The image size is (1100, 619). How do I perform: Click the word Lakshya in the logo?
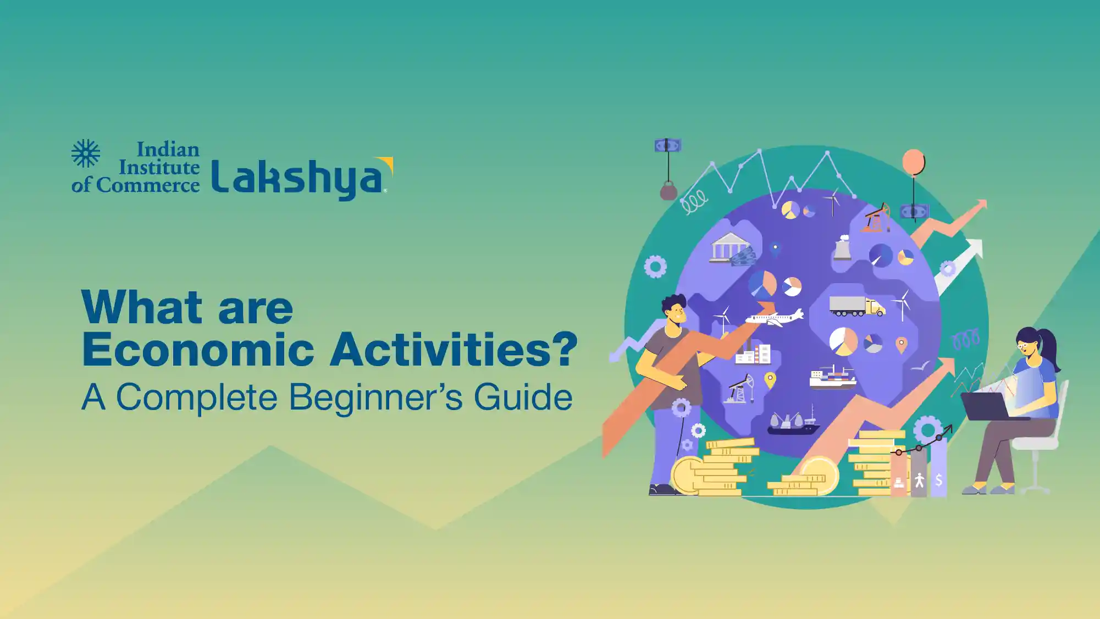tap(302, 178)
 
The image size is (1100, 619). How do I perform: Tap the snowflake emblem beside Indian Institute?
tap(86, 153)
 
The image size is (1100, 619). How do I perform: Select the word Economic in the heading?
tap(198, 349)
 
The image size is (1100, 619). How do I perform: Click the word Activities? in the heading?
tap(454, 349)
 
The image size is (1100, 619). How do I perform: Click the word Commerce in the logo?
tap(148, 185)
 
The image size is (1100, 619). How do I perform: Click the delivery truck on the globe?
tap(857, 306)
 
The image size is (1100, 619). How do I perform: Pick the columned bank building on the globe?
tap(729, 247)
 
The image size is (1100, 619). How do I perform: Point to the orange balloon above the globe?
tap(913, 163)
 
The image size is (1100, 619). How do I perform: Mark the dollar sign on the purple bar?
tap(939, 480)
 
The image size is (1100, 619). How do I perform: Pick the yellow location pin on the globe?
tap(770, 380)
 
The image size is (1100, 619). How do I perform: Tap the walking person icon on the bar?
tap(919, 480)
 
